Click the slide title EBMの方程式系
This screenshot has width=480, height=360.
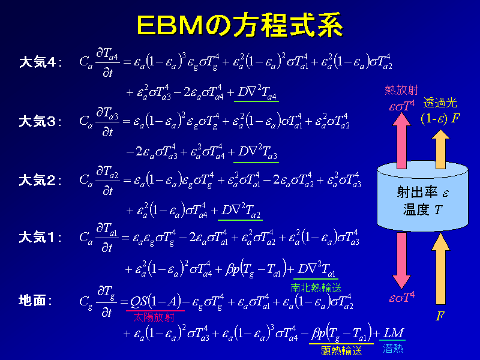pos(240,25)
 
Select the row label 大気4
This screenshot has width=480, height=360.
pos(40,62)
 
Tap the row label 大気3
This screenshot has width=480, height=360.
pos(40,122)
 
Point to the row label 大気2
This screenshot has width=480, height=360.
pos(40,181)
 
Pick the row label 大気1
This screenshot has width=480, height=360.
pos(40,237)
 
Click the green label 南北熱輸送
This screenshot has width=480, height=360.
pos(316,288)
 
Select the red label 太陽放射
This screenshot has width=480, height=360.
pos(154,317)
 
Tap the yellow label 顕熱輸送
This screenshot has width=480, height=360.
pos(341,350)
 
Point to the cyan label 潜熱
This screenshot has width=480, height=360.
pos(393,348)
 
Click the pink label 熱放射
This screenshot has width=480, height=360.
pos(401,90)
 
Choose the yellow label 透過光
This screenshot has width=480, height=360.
pos(440,103)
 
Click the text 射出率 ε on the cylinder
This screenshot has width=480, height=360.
pos(422,193)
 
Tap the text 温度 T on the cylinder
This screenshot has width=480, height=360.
pos(422,209)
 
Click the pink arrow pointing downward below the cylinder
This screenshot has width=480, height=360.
pos(401,261)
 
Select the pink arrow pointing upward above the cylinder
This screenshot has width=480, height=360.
pos(401,141)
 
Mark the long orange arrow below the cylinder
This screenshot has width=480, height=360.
pos(440,268)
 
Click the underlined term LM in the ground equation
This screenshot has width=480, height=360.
pos(394,333)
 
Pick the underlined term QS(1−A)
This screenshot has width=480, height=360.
pos(155,302)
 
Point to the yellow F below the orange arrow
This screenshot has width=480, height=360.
pos(440,316)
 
